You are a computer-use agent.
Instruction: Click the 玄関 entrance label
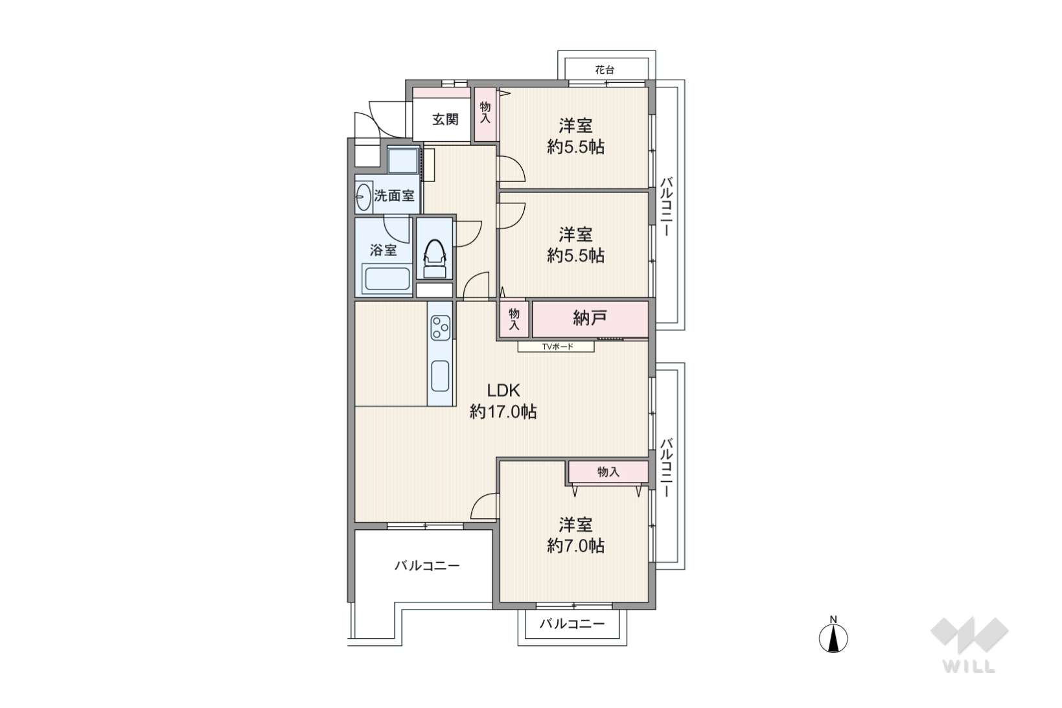[x=445, y=119]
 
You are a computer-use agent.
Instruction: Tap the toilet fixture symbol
[x=434, y=258]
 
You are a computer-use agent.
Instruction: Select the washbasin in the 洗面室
[x=364, y=196]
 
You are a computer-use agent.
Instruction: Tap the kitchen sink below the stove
[x=441, y=376]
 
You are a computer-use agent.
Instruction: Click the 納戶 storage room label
[x=590, y=318]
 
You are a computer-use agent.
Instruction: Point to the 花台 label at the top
[x=605, y=70]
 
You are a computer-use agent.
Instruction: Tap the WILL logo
[x=969, y=645]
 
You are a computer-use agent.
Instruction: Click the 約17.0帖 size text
[x=503, y=412]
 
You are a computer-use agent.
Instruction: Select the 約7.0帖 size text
[x=575, y=546]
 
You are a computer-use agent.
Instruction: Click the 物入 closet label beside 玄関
[x=485, y=113]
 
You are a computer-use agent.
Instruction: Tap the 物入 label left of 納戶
[x=514, y=319]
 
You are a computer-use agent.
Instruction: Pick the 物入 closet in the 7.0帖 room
[x=608, y=472]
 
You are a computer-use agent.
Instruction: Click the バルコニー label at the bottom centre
[x=572, y=624]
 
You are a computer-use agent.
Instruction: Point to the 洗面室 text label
[x=395, y=195]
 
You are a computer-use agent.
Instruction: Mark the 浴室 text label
[x=383, y=250]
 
